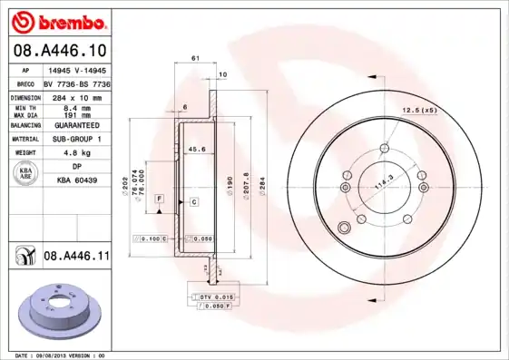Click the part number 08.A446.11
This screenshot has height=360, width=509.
tap(76, 257)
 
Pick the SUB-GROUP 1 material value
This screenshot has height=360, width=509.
tap(76, 139)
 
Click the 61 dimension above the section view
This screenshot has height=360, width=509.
tap(196, 58)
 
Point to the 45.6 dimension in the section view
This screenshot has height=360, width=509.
tap(195, 149)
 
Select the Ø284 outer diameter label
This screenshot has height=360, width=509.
tap(262, 188)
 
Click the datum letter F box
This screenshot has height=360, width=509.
tap(158, 198)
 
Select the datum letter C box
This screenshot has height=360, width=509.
tap(193, 201)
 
